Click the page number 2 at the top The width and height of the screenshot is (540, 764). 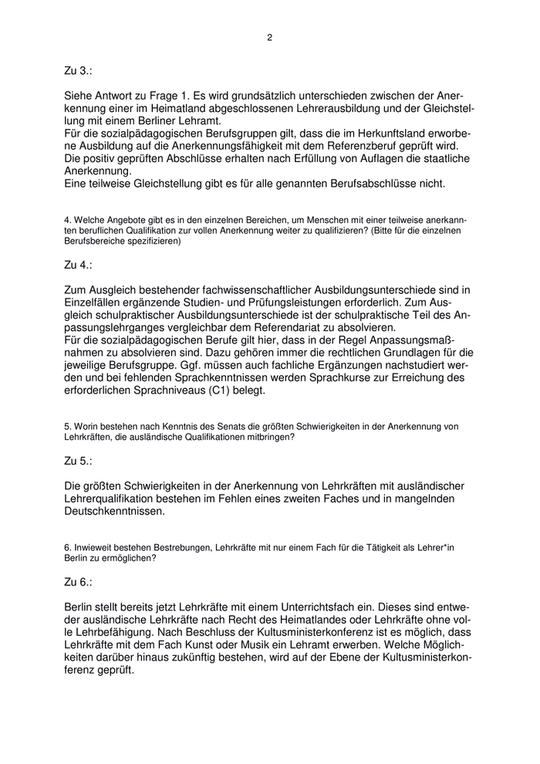coord(270,36)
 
